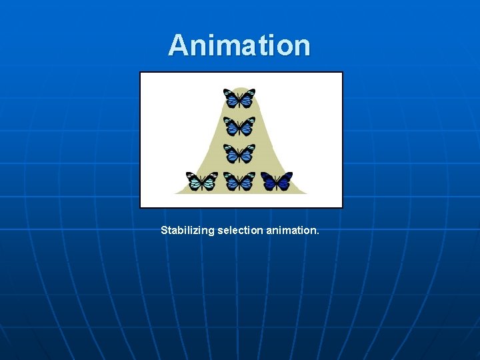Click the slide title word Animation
[239, 45]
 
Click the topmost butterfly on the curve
[239, 98]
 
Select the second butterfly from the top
[239, 125]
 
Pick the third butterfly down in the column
[239, 153]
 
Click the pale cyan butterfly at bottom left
[202, 181]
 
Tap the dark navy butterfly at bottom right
[277, 181]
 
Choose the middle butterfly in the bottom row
[239, 181]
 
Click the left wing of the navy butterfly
[268, 180]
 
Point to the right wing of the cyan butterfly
[211, 180]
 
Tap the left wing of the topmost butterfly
[231, 97]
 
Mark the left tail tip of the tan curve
[176, 193]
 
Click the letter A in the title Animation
[178, 45]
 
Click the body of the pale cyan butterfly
[202, 182]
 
